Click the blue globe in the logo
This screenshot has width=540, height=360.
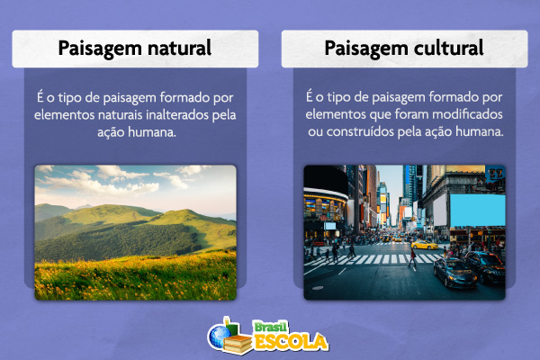(218, 336)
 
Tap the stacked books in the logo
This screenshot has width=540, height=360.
(238, 342)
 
